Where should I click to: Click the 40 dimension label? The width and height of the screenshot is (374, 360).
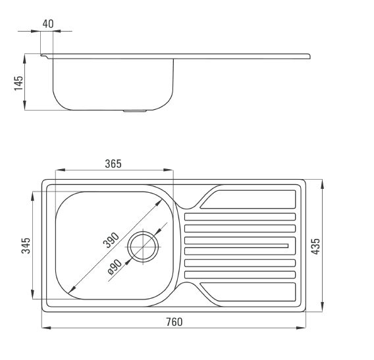pyautogui.click(x=48, y=24)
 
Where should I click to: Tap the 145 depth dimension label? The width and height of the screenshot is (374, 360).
pyautogui.click(x=19, y=83)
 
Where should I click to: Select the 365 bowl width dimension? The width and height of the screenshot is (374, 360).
pyautogui.click(x=113, y=164)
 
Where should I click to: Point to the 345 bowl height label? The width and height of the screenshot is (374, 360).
pyautogui.click(x=26, y=245)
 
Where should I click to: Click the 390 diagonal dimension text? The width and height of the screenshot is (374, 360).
pyautogui.click(x=111, y=240)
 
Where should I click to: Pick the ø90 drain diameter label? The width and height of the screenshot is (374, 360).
pyautogui.click(x=115, y=267)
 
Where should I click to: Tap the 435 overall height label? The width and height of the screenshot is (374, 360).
pyautogui.click(x=315, y=246)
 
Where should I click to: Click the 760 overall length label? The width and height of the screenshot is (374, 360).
pyautogui.click(x=174, y=322)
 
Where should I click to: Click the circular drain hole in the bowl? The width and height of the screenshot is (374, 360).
pyautogui.click(x=143, y=247)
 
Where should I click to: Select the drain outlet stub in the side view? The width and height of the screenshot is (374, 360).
pyautogui.click(x=134, y=111)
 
